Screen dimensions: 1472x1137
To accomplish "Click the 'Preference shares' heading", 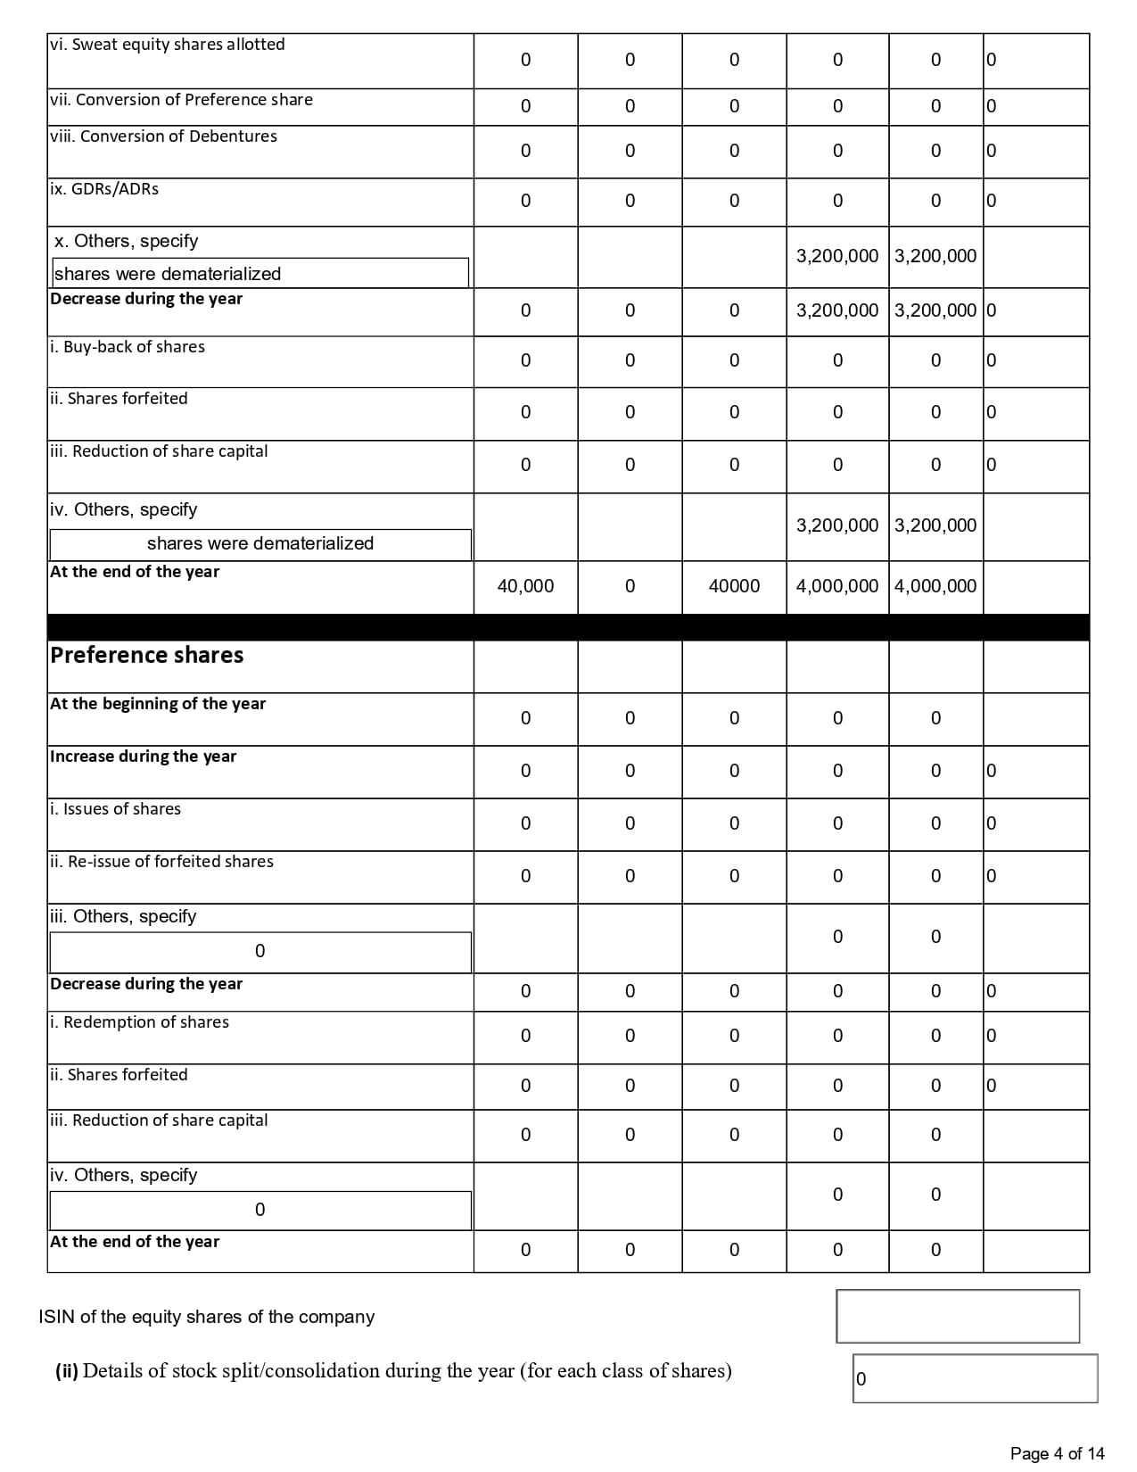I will (x=147, y=656).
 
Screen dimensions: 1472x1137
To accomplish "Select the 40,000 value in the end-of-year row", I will (x=525, y=586).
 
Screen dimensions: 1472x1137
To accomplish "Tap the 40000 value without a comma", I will (x=734, y=586).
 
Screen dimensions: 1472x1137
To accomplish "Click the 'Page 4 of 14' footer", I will (x=1057, y=1453).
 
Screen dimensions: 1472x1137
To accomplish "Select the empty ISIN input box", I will (x=957, y=1316).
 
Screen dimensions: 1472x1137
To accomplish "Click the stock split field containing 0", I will (x=975, y=1378).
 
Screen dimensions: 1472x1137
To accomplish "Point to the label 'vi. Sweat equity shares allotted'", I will (x=168, y=45).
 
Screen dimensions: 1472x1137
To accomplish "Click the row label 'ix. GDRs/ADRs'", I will (x=104, y=189).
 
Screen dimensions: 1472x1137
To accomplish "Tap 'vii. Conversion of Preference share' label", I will (x=182, y=100).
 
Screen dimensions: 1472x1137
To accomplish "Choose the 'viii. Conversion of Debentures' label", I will (x=164, y=136).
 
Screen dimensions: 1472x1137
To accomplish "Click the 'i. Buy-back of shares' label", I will (x=128, y=347).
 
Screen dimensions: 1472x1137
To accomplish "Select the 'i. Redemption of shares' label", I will (x=140, y=1022).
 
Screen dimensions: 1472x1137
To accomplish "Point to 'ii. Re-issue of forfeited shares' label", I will (x=162, y=862).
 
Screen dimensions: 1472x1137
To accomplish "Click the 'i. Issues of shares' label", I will (x=116, y=809).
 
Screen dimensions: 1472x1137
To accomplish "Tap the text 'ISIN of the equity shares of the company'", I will (x=207, y=1317).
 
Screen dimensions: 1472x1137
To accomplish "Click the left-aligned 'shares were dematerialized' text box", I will (x=260, y=274).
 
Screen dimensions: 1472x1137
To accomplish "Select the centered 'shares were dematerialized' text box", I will (x=260, y=543).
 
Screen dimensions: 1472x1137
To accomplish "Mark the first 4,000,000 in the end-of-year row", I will (x=836, y=586).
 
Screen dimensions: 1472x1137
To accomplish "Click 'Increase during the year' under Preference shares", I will (x=144, y=757).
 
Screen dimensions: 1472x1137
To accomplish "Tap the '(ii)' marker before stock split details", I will (x=67, y=1370).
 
